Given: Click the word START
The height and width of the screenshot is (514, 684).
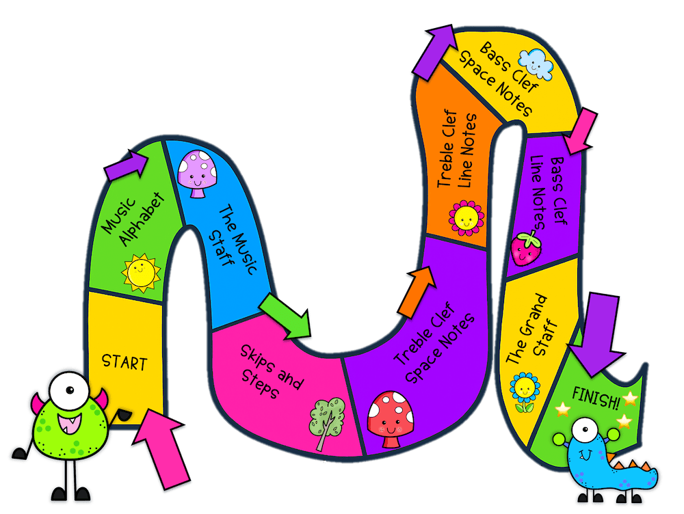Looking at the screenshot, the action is click(x=124, y=362).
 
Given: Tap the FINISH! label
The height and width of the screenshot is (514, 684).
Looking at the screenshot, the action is click(x=596, y=398).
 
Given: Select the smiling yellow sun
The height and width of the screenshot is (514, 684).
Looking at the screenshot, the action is click(x=141, y=273).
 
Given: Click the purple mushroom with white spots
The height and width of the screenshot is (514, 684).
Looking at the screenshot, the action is click(x=197, y=174).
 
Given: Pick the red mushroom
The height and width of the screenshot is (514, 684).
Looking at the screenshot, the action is click(x=391, y=419).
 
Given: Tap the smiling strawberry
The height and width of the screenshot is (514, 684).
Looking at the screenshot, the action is click(x=527, y=249).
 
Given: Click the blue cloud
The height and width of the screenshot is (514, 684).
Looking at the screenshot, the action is click(x=536, y=64).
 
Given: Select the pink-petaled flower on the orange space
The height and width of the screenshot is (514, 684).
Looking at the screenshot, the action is click(x=466, y=218).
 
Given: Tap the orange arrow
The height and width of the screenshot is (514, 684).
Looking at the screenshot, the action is click(x=417, y=292).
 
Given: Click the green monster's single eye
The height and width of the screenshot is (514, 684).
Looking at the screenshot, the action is click(x=69, y=390).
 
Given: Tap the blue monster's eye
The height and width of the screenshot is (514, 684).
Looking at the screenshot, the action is click(x=585, y=430).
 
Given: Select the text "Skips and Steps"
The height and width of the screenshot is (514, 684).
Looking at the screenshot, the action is click(x=272, y=372).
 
